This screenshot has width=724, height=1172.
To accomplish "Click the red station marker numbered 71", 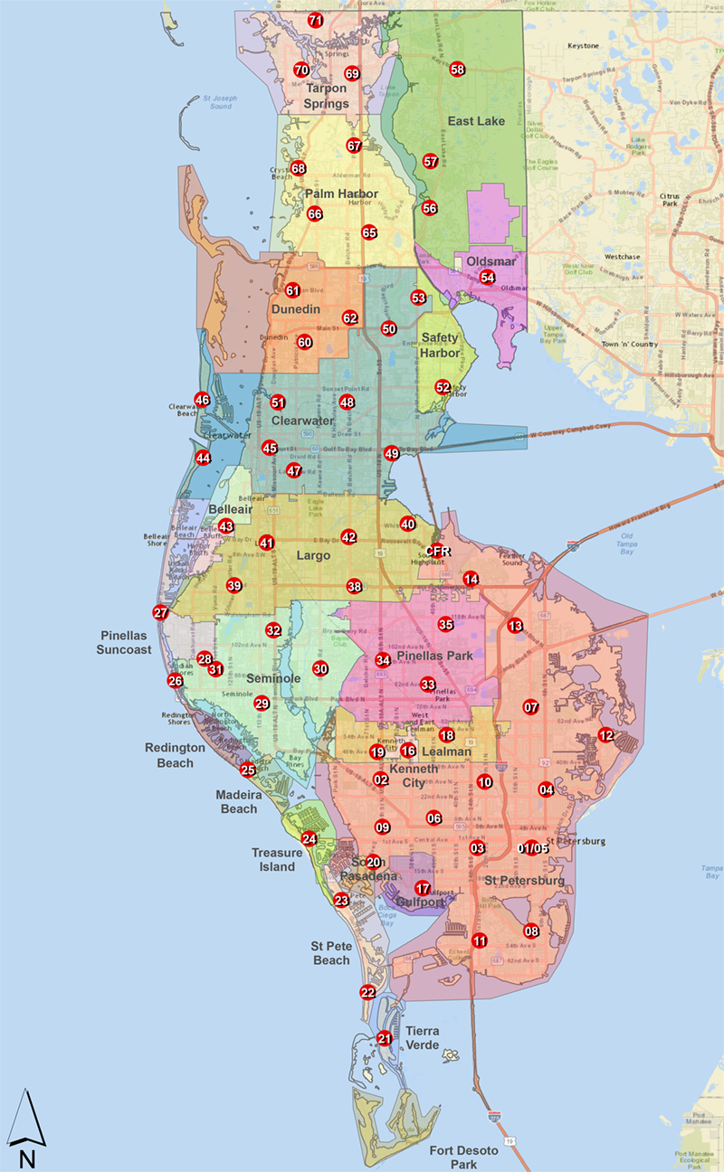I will pos(315,20).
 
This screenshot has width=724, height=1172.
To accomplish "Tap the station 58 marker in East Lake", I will pos(457,70).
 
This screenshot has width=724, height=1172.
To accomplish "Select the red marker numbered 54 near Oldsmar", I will pos(488,278).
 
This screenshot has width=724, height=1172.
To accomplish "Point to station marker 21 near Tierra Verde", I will pos(385,1038).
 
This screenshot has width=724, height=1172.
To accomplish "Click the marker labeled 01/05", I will pos(534,848).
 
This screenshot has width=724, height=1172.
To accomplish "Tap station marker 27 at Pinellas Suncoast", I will pos(160,612).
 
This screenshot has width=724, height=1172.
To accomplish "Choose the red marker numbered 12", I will pos(605,735).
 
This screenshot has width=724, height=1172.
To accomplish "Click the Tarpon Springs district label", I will pos(327,96).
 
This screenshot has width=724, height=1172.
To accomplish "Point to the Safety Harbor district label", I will pos(440,345).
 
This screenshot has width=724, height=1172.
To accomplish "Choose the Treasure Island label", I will pos(273,859).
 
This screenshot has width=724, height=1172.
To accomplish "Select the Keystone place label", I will pos(583,45).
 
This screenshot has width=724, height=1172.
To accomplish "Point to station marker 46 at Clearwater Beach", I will pos(202,400).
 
